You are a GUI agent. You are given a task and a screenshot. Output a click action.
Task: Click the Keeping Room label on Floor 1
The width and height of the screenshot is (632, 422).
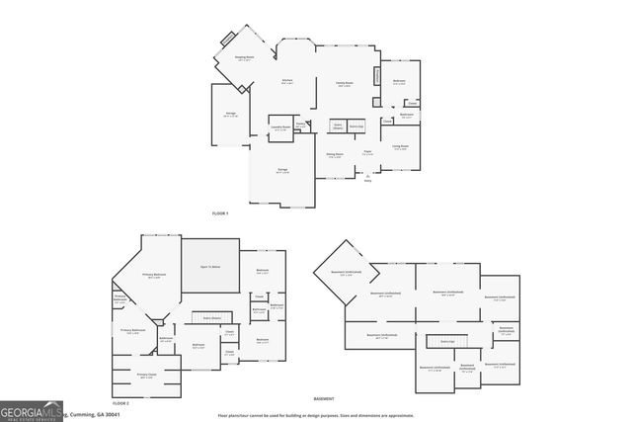[244, 58]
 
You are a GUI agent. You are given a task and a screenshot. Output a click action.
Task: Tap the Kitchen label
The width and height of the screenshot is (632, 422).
[287, 81]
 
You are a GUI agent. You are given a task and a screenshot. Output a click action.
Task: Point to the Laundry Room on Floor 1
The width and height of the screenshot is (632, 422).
[280, 127]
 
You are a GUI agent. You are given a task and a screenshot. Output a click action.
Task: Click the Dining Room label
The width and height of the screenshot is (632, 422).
[335, 155]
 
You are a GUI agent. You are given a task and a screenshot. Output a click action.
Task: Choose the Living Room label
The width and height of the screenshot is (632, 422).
[400, 147]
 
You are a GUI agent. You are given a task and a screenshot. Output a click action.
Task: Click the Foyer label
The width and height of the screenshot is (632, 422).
[366, 152]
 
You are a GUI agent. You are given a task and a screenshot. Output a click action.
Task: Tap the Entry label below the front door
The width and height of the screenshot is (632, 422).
[368, 180]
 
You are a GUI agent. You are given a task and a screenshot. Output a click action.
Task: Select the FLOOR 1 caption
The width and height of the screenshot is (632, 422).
[220, 213]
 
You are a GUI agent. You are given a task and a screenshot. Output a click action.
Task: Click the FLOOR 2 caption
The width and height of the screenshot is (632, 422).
[121, 404]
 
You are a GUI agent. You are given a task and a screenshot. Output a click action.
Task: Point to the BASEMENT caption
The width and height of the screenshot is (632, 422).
[324, 398]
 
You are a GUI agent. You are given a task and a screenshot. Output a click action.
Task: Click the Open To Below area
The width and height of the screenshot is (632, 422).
[210, 267]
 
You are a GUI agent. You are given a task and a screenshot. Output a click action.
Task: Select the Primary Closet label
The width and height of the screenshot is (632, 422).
[146, 375]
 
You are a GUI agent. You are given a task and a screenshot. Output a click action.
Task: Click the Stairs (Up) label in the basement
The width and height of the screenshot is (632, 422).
[446, 341]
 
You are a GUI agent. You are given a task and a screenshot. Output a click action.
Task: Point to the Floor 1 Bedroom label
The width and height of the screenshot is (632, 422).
[398, 81]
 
